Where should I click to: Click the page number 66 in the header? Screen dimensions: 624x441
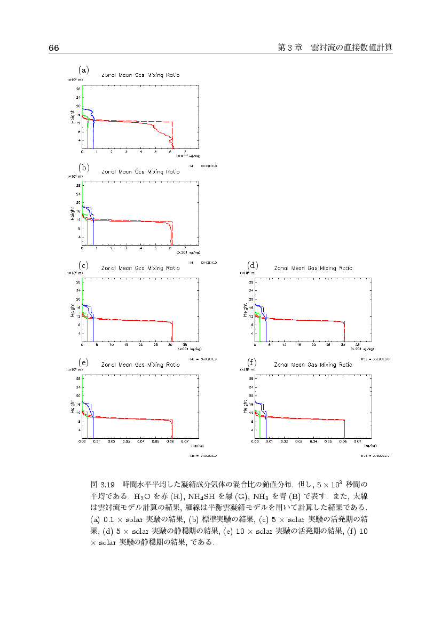pos(53,48)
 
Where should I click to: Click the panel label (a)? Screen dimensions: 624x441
pos(83,69)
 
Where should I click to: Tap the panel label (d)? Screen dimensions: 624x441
pos(253,265)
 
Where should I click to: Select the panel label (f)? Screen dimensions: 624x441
pos(253,362)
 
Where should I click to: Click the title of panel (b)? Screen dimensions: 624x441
pos(140,172)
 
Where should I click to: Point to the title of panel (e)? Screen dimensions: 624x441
pos(140,365)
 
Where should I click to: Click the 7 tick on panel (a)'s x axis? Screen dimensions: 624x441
pos(185,152)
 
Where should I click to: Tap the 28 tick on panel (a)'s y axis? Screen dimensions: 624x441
pos(78,89)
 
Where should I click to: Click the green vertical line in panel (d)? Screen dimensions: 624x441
pos(260,331)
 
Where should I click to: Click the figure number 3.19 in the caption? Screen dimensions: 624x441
pos(108,485)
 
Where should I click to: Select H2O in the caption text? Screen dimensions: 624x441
pos(143,495)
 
